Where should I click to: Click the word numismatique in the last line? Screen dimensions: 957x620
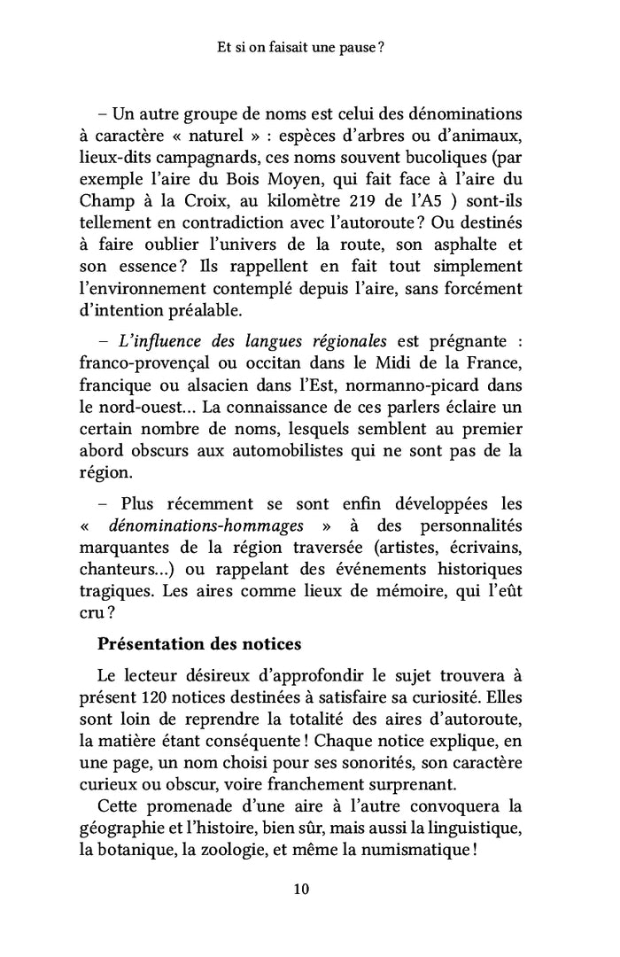click(418, 847)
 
